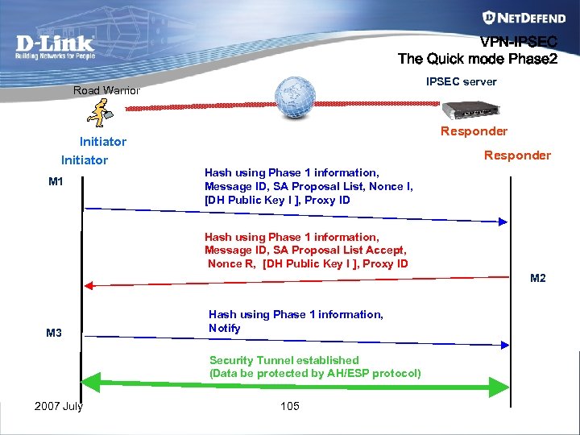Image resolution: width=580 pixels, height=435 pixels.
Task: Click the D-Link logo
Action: pyautogui.click(x=55, y=48)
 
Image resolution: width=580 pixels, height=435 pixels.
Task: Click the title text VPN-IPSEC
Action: pyautogui.click(x=519, y=43)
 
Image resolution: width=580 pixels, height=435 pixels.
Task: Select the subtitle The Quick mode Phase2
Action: pyautogui.click(x=477, y=59)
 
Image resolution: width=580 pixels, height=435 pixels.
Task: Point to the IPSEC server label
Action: pyautogui.click(x=462, y=81)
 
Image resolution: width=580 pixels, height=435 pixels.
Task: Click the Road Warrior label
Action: pyautogui.click(x=106, y=90)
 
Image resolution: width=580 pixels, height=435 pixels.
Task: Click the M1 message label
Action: pyautogui.click(x=56, y=182)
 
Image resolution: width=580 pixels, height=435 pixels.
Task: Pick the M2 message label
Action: pyautogui.click(x=538, y=279)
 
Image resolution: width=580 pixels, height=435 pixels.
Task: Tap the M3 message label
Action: pyautogui.click(x=54, y=333)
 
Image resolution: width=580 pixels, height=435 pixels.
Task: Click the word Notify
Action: pyautogui.click(x=225, y=328)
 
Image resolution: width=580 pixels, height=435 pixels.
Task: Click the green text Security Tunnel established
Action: pyautogui.click(x=284, y=360)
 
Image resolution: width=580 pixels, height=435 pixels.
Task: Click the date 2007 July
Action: pyautogui.click(x=59, y=405)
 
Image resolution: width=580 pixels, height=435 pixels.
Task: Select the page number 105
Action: pyautogui.click(x=290, y=405)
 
